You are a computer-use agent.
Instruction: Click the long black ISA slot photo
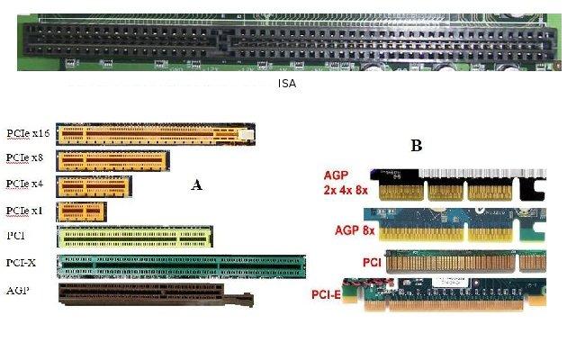pyautogui.click(x=287, y=42)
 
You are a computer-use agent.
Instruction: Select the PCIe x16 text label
pyautogui.click(x=28, y=132)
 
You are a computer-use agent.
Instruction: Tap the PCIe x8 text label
pyautogui.click(x=25, y=158)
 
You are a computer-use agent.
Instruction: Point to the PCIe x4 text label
pyautogui.click(x=25, y=184)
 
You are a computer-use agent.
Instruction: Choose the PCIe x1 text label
pyautogui.click(x=25, y=211)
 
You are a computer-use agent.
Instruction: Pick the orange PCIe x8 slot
pyautogui.click(x=113, y=161)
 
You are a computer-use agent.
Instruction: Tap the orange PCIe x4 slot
pyautogui.click(x=94, y=187)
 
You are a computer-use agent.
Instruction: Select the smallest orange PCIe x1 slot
pyautogui.click(x=81, y=212)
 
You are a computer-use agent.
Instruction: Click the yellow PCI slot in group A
pyautogui.click(x=135, y=237)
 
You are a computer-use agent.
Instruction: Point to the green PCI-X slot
pyautogui.click(x=181, y=265)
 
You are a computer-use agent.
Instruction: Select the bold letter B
pyautogui.click(x=416, y=145)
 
